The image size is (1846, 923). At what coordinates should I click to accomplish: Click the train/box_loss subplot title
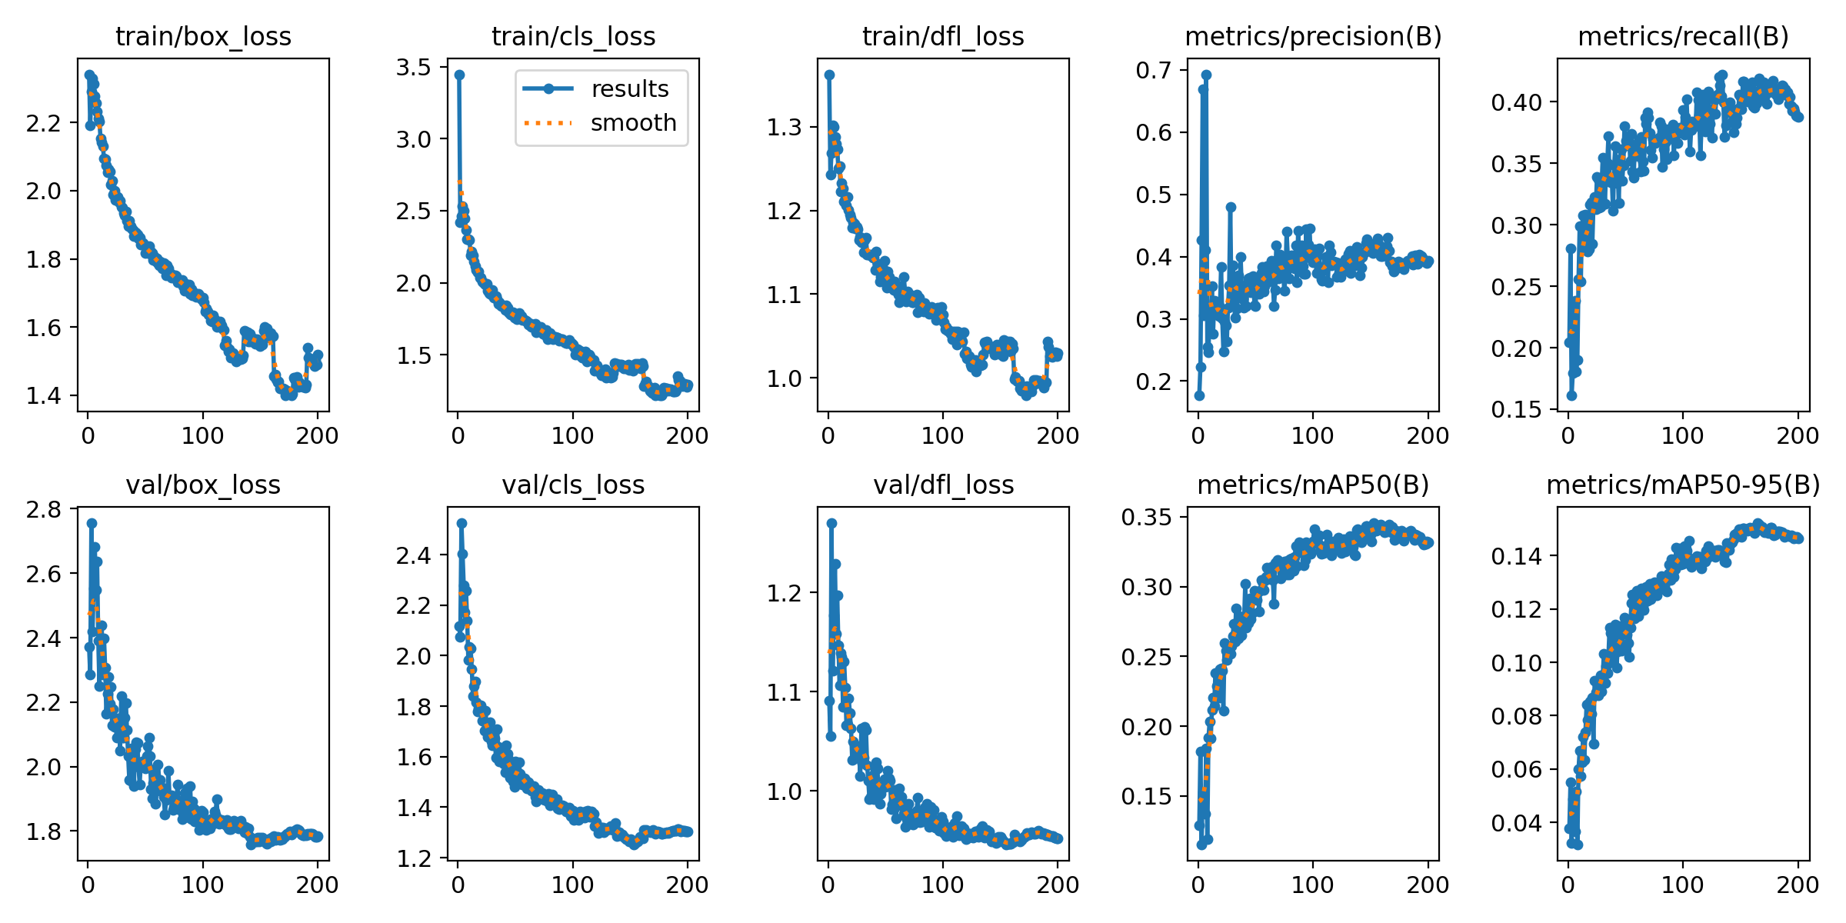click(203, 37)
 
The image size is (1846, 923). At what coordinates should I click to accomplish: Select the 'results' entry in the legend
click(629, 89)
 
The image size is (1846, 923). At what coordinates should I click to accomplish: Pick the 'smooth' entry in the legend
click(632, 123)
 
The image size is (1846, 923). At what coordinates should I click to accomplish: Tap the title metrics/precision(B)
click(1313, 37)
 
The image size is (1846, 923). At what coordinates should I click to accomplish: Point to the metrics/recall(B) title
click(1683, 37)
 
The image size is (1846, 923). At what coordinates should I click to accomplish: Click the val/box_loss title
click(203, 485)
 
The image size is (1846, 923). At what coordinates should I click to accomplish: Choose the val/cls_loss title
click(573, 485)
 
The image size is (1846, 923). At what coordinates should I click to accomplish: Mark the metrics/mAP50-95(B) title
click(1683, 485)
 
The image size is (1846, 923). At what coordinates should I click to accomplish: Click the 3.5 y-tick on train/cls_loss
click(414, 68)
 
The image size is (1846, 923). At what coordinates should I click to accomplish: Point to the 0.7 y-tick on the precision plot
click(1153, 71)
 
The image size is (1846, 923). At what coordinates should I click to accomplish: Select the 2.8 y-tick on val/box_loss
click(44, 510)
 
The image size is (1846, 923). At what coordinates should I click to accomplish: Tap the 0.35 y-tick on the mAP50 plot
click(1146, 518)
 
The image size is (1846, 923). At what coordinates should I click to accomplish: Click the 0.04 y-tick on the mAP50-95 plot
click(1516, 824)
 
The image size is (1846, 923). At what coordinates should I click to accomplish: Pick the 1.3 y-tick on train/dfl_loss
click(784, 127)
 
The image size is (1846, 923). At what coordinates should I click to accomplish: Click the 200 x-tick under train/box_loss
click(318, 436)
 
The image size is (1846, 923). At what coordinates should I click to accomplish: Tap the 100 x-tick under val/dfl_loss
click(943, 885)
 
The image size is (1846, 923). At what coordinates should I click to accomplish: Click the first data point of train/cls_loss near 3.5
click(459, 75)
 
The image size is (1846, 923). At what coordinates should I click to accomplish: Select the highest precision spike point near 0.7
click(1206, 75)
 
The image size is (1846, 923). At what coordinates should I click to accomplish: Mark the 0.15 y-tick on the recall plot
click(1516, 410)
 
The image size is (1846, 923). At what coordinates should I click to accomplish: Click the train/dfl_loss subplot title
click(943, 37)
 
